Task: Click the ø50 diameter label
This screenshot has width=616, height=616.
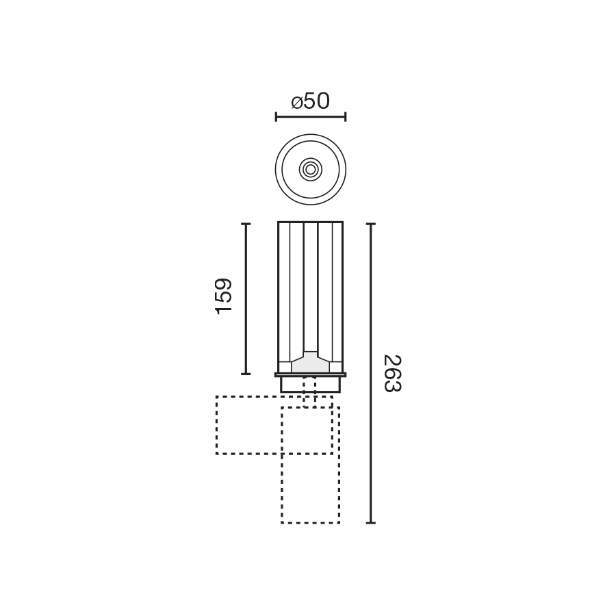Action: click(x=310, y=101)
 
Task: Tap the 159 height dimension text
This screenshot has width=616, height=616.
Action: click(x=224, y=296)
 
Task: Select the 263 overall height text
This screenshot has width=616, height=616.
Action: click(x=392, y=373)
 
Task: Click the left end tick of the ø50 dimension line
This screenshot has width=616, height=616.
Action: click(x=276, y=116)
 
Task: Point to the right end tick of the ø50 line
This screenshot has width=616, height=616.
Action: click(x=346, y=116)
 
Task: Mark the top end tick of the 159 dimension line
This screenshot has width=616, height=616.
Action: click(x=246, y=224)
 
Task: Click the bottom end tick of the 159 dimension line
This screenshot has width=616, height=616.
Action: click(x=246, y=374)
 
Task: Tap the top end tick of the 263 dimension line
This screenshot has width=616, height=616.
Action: click(x=371, y=224)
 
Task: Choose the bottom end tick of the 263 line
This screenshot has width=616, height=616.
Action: click(x=371, y=523)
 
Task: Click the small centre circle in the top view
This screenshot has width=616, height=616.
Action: click(x=310, y=169)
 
